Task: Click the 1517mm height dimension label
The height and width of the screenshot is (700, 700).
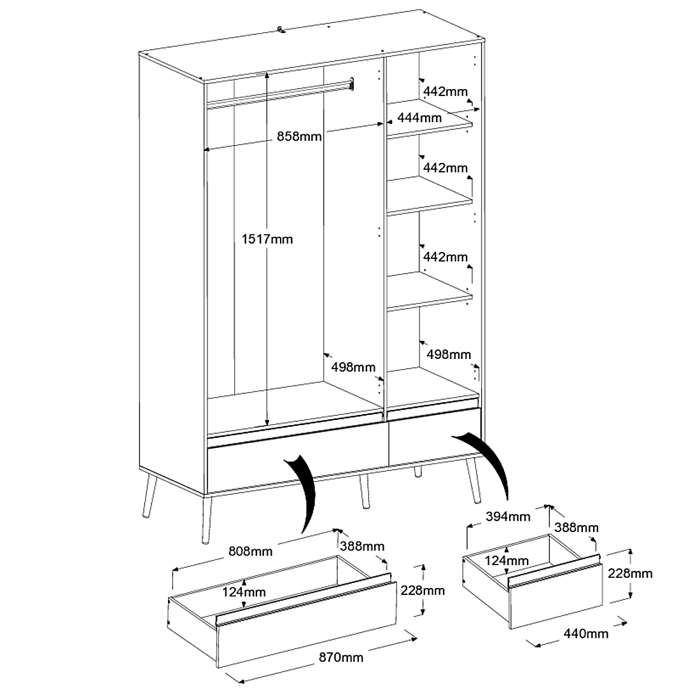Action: [267, 239]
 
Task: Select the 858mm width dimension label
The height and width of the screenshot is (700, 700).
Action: [299, 137]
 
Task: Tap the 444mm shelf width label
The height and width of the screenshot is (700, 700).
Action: [419, 118]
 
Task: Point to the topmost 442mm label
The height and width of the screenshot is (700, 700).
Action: [445, 92]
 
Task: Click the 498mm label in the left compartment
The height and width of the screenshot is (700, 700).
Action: [353, 367]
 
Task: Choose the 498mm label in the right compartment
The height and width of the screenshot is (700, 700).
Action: [449, 354]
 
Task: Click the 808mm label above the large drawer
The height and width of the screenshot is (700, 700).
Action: [250, 550]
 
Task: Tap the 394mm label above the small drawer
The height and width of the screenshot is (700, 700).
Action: [508, 517]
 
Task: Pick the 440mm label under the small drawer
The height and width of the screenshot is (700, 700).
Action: [586, 633]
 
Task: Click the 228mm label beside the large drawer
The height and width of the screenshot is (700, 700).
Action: [423, 591]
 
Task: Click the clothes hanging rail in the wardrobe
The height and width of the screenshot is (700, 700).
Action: [280, 94]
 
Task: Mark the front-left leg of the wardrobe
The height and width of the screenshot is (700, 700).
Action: [206, 519]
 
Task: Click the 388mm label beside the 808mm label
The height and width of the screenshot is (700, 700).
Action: [361, 546]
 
